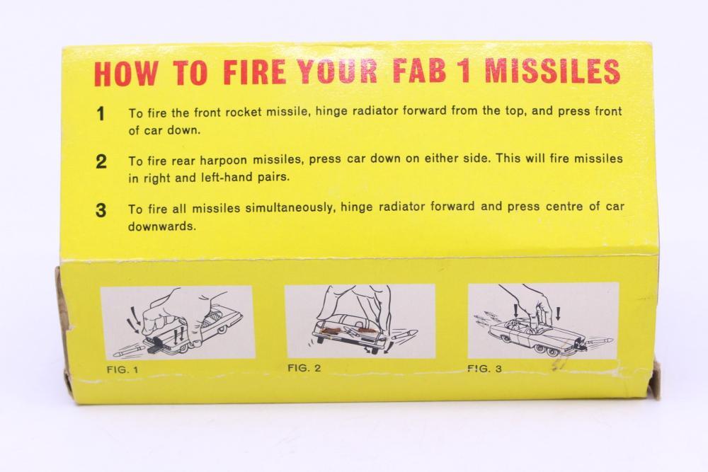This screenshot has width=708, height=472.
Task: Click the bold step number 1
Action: pos(101,114)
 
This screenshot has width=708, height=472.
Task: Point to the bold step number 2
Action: pos(101,162)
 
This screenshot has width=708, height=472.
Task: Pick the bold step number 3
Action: pos(101,210)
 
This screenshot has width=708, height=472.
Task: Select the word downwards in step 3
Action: pos(162,226)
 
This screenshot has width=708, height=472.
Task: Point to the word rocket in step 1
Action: pos(244,113)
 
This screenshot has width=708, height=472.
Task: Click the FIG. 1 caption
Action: pos(122,370)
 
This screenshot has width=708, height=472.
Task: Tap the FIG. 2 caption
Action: pos(304,368)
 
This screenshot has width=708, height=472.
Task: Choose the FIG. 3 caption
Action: pos(485,369)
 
